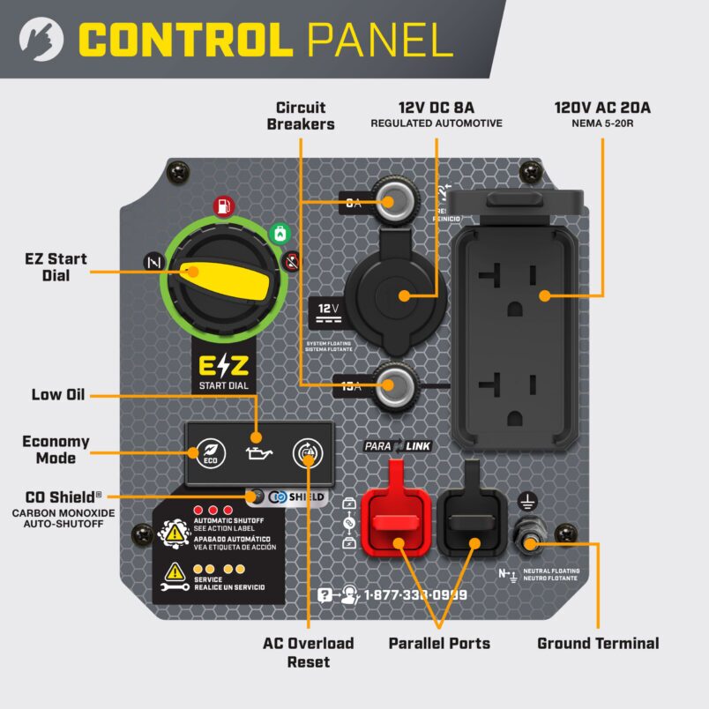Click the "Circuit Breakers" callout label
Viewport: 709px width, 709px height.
tap(300, 116)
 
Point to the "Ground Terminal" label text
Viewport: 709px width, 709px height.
tap(598, 643)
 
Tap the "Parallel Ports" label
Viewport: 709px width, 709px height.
tap(439, 643)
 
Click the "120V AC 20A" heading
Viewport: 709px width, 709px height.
tap(602, 108)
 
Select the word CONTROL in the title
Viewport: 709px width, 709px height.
tap(186, 40)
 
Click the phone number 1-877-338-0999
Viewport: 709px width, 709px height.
tap(414, 595)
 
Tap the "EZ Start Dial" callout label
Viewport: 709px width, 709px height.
tap(56, 267)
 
